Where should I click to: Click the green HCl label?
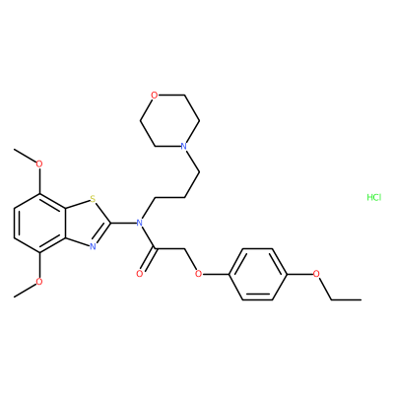373,197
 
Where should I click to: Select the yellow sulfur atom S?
93,199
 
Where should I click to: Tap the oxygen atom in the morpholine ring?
154,96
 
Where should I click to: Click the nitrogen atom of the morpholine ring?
184,146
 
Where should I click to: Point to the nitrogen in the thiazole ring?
93,247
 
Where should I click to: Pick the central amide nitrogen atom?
140,223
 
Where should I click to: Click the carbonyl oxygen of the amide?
140,274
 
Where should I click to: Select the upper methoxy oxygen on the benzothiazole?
39,164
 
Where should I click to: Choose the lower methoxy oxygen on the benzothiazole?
39,282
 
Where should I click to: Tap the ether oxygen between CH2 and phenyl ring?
198,274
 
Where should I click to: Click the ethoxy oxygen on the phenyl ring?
316,274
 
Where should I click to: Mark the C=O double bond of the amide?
148,260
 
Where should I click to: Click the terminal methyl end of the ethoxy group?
361,299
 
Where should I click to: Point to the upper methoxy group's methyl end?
15,150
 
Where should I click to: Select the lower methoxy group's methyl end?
15,296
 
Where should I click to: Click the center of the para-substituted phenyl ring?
257,274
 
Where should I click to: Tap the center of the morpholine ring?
169,121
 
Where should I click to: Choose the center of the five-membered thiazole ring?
87,223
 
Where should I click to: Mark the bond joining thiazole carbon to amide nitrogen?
124,223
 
